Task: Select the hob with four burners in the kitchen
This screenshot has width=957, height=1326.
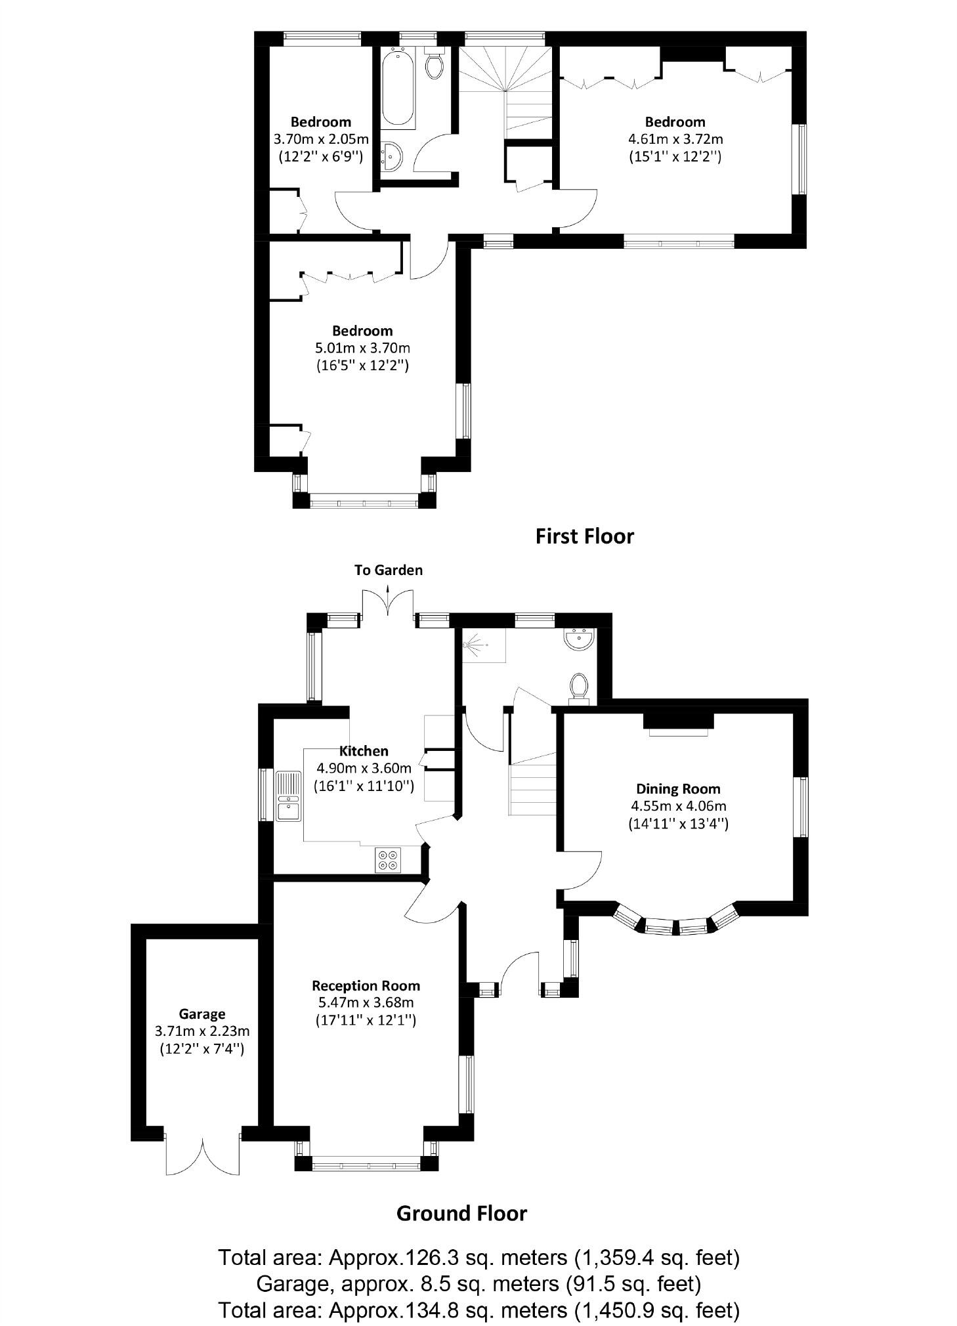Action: pos(387,860)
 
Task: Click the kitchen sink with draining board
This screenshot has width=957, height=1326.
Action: pos(287,796)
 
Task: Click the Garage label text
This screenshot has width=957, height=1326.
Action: pos(202,1014)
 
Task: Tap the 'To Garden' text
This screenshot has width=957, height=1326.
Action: pos(389,570)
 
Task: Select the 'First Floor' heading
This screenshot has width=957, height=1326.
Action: pos(584,536)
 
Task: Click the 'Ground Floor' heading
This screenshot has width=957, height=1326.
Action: pos(461,1213)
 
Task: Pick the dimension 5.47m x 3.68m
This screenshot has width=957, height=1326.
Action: pos(366,1002)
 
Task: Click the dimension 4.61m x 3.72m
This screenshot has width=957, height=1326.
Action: pos(675,139)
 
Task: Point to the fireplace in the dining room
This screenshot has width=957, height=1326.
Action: pos(678,722)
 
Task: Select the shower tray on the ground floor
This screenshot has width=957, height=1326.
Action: pos(484,645)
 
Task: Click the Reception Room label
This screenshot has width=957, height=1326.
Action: pos(366,985)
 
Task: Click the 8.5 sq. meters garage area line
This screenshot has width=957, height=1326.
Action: pos(478,1283)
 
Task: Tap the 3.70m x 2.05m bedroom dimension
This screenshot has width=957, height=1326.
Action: pos(321,139)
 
